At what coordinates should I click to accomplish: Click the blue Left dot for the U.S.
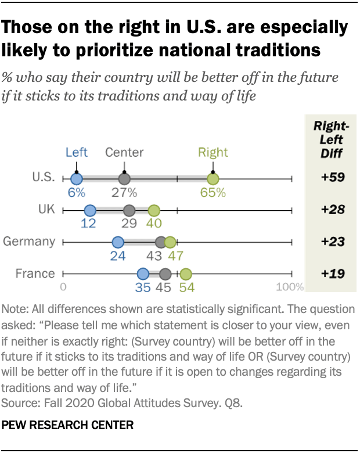click(76, 179)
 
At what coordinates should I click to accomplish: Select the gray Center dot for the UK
click(129, 210)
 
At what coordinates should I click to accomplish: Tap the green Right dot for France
click(185, 274)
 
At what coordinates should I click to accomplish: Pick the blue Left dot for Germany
click(118, 242)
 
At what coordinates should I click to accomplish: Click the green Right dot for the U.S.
click(213, 179)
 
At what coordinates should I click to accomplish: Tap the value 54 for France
click(186, 287)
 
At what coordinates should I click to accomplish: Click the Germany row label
click(29, 242)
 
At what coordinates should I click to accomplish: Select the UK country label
click(46, 210)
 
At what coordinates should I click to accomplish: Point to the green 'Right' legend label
click(213, 153)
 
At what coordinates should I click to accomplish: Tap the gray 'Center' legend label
click(124, 153)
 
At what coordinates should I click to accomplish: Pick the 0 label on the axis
click(63, 286)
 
